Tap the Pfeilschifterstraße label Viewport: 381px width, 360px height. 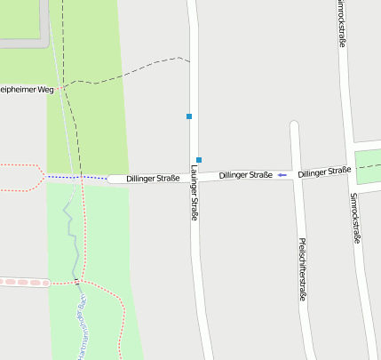tap(302, 269)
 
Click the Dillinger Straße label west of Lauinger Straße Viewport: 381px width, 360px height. tap(153, 179)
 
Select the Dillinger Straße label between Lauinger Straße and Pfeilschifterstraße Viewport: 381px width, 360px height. tap(245, 175)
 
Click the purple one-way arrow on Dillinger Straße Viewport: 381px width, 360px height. tap(282, 175)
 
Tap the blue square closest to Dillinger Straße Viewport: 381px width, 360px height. tap(199, 160)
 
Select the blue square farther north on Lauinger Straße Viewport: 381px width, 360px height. tap(189, 116)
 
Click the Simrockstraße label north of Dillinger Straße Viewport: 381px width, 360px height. tap(343, 22)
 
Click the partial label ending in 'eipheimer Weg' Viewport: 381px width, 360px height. tap(27, 90)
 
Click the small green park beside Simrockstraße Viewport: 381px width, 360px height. tap(368, 162)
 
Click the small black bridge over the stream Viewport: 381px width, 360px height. tap(78, 282)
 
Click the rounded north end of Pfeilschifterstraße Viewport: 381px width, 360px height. tap(294, 126)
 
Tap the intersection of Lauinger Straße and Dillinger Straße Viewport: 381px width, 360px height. tap(194, 177)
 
